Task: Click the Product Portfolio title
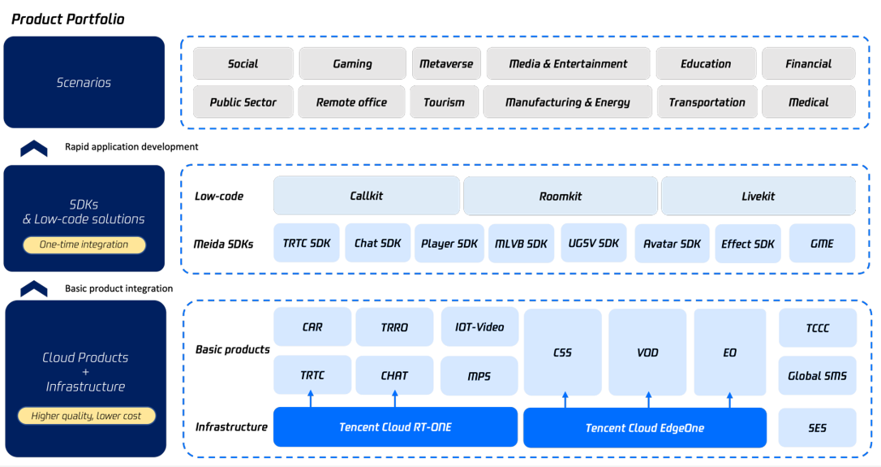[68, 19]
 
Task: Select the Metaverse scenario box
[446, 64]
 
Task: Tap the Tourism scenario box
[445, 102]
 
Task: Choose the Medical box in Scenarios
[808, 102]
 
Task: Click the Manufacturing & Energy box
[567, 102]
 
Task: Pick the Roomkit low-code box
[560, 196]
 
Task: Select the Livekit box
[758, 196]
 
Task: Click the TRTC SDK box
[307, 244]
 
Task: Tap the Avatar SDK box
[671, 244]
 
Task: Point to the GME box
[822, 244]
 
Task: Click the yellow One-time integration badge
[84, 244]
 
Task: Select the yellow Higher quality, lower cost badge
[86, 416]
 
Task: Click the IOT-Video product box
[479, 326]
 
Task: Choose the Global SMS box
[817, 375]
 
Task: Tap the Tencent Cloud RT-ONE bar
[395, 427]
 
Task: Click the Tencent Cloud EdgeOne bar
[644, 428]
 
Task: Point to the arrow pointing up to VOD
[648, 399]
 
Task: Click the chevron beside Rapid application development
[34, 148]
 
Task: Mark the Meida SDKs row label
[223, 244]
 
